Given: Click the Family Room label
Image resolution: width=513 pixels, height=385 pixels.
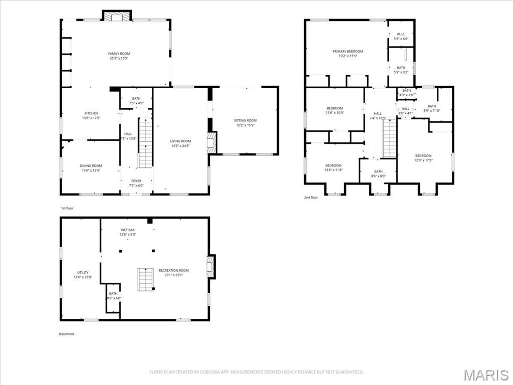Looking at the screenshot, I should pos(119,54).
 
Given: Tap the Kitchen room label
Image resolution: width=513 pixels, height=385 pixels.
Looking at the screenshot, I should pos(91,113).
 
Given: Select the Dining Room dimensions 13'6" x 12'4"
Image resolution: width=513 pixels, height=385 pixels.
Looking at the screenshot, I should pos(91,170).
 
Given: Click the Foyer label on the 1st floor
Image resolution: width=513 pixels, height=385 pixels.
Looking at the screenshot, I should pos(136,181).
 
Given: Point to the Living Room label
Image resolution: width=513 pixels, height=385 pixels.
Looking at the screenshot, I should pos(180,141).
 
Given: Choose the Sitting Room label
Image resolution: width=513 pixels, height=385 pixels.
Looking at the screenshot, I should pos(245,120).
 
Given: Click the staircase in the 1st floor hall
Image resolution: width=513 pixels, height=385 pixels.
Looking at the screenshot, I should pos(145,142).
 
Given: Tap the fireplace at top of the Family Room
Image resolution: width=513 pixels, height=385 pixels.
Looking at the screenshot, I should pos(117,16).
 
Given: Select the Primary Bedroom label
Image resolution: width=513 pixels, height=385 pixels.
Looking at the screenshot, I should pos(348,52).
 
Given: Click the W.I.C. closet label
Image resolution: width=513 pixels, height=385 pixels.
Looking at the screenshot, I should pos(401,35).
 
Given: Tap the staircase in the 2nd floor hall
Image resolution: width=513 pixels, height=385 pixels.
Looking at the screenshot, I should pos(389,138).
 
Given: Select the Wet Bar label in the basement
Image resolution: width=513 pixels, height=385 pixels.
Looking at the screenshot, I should pos(127,230).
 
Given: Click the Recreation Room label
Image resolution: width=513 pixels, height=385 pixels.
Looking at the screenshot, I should pos(174,271).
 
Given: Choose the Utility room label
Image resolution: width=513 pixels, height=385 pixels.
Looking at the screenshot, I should pos(83,273).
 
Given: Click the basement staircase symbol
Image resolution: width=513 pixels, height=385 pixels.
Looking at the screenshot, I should pos(146,279).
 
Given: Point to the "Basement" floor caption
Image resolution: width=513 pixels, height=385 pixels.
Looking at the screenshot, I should pos(67,334).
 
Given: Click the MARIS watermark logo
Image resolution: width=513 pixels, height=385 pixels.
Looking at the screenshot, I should pos(485,374).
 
